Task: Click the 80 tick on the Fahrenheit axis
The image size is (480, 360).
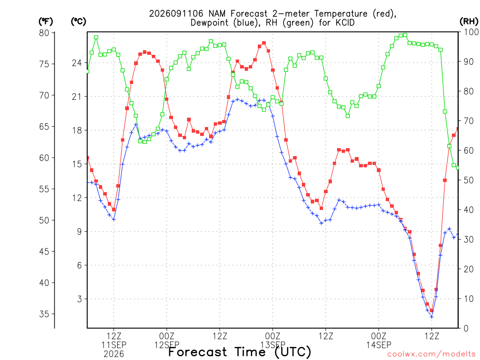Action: (x=44, y=33)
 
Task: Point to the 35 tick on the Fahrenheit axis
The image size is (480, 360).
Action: (x=44, y=314)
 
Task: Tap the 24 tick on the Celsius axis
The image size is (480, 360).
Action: (x=77, y=63)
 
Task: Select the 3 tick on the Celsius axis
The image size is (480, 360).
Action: (x=80, y=299)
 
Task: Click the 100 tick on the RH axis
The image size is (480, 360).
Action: (x=471, y=32)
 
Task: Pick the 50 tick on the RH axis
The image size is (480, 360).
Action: (x=468, y=180)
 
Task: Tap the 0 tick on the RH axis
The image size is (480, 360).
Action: (x=466, y=329)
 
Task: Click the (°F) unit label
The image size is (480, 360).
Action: (x=45, y=22)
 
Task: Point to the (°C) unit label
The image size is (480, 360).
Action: (x=78, y=22)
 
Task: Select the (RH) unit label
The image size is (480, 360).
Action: (x=469, y=22)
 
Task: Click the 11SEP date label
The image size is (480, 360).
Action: (x=114, y=345)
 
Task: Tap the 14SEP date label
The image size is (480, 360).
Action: (x=379, y=345)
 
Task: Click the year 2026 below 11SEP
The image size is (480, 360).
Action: (x=114, y=354)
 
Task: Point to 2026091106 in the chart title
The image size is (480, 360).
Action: (x=176, y=14)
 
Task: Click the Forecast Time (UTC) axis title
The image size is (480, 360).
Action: (x=240, y=352)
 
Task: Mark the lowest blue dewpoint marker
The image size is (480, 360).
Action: (x=432, y=317)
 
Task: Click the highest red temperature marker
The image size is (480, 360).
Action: (x=264, y=43)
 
